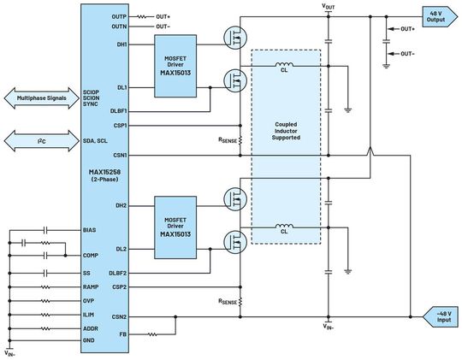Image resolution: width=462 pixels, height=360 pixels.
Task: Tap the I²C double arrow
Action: (x=39, y=139)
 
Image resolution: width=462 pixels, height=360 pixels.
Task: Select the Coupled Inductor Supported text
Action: (x=286, y=131)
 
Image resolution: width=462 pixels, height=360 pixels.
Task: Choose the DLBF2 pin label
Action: (x=119, y=272)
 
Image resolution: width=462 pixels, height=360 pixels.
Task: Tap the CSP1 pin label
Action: (x=119, y=125)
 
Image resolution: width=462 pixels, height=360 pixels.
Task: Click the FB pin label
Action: (x=122, y=333)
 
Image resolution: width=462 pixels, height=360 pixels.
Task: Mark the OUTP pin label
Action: (x=118, y=16)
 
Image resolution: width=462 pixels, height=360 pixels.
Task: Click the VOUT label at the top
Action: (x=329, y=6)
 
